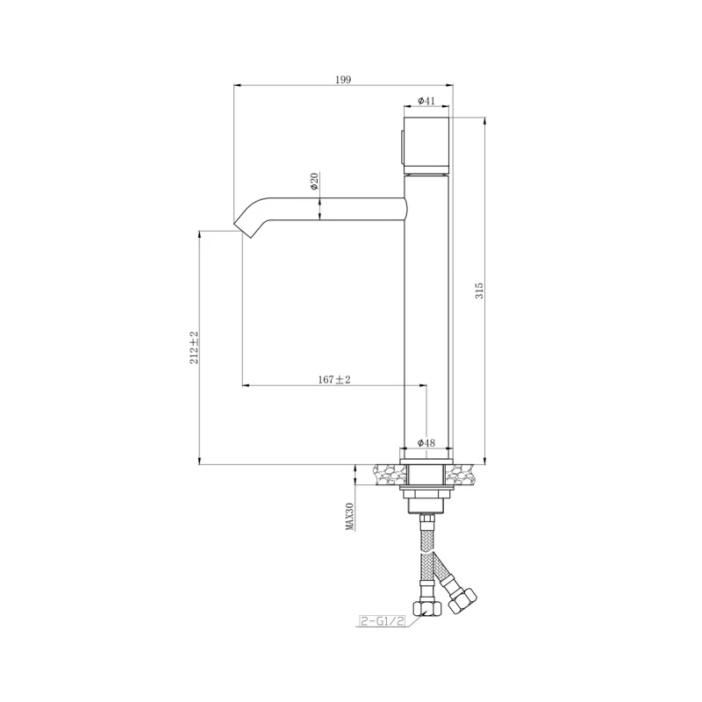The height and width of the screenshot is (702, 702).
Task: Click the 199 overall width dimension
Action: [x=343, y=80]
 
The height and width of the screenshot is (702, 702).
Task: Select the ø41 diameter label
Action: [x=426, y=101]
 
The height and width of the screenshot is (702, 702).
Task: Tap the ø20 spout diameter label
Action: [x=313, y=183]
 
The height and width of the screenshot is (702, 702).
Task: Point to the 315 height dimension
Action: [x=479, y=290]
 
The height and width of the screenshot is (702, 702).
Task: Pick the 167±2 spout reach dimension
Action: [x=334, y=379]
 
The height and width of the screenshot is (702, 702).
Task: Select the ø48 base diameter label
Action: [x=426, y=443]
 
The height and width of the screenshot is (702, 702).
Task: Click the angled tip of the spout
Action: [x=246, y=223]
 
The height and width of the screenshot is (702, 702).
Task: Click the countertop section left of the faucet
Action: [x=386, y=475]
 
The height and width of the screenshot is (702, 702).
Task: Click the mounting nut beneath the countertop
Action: [x=427, y=500]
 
